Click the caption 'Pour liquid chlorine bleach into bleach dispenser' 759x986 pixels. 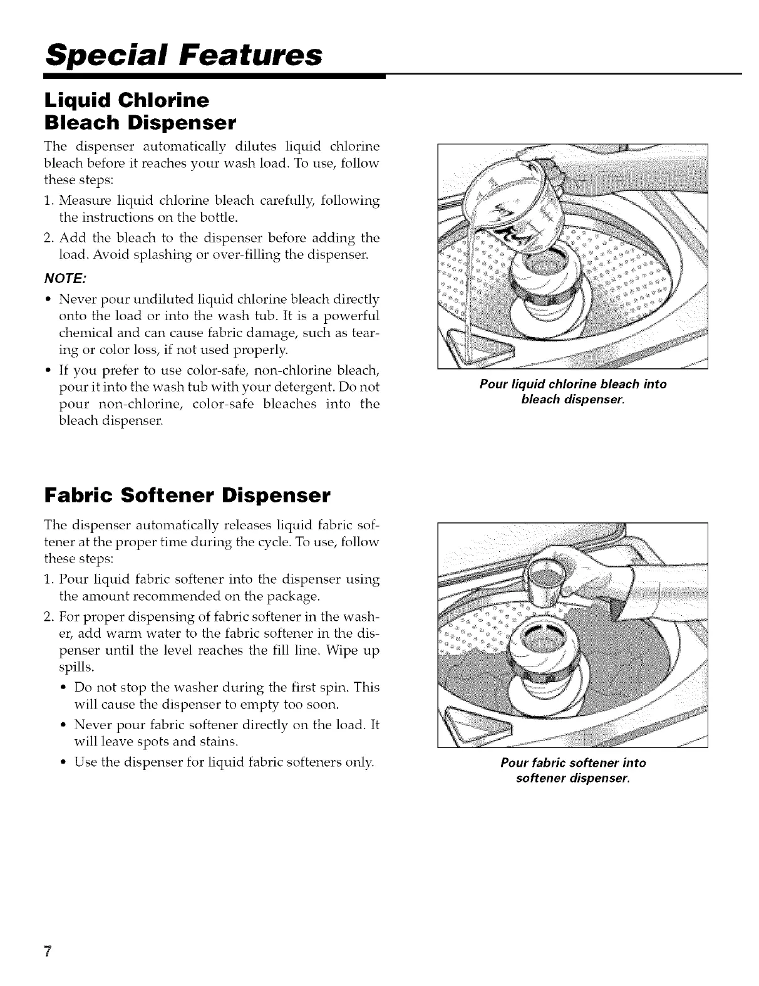572,390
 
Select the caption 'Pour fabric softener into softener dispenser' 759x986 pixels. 572,770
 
